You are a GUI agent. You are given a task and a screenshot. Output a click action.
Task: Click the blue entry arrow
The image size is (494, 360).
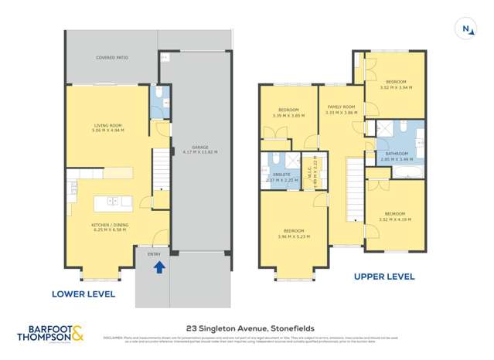pos(159,267)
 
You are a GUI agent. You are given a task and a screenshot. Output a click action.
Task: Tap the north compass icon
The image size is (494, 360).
pos(467,29)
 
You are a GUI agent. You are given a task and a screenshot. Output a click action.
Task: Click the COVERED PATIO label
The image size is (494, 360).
pos(112,58)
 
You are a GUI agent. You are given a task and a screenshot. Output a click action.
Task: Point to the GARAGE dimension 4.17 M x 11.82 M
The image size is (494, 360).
pos(199,152)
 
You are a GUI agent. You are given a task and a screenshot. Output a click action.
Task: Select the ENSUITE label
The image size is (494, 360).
pos(281,175)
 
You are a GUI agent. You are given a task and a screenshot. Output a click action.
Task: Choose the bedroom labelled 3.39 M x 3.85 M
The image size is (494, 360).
pos(288,113)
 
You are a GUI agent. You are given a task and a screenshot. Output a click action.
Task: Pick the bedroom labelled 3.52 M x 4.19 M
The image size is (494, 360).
pos(395,216)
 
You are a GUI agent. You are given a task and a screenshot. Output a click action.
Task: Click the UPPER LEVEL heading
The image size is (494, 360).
pos(383,276)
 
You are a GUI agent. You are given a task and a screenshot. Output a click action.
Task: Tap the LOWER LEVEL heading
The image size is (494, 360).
pos(83,294)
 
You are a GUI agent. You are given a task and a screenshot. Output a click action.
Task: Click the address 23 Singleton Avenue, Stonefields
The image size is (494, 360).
pos(247,328)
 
